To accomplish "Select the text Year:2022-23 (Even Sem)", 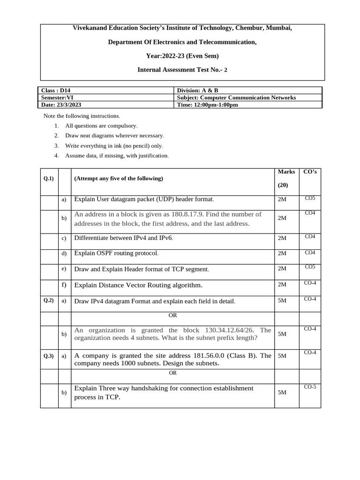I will point(182,56).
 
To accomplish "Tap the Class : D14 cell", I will point(56,90).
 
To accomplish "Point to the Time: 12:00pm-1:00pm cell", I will point(207,105).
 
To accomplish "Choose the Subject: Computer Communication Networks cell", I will point(236,97).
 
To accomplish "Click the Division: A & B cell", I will point(197,90).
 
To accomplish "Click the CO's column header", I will point(310,172).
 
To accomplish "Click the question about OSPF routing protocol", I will point(116,253).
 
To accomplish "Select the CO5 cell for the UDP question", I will point(310,198).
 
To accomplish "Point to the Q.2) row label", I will point(49,300).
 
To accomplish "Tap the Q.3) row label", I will point(49,356).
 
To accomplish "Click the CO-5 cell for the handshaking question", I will point(310,387).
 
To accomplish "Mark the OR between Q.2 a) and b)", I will point(172,315).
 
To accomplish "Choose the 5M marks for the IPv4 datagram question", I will point(282,300).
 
